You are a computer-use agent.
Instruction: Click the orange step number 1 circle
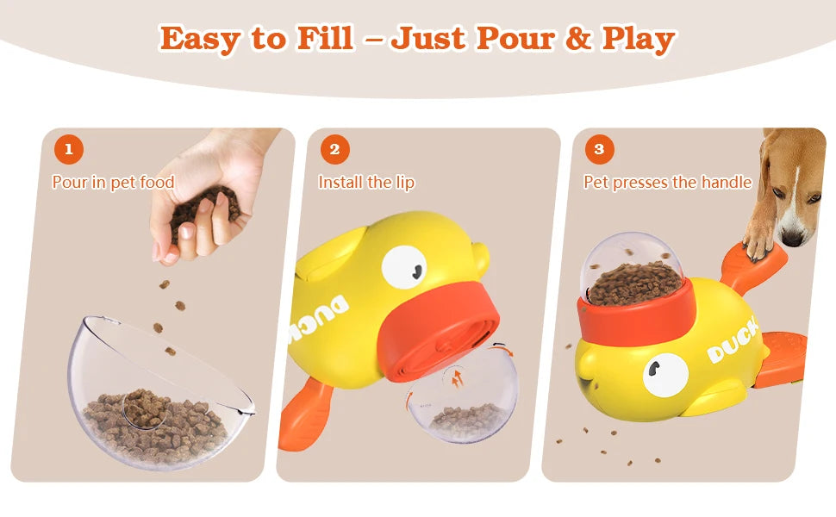pyautogui.click(x=69, y=149)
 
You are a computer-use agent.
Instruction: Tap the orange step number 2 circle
pyautogui.click(x=334, y=149)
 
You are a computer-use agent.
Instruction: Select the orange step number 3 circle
pyautogui.click(x=599, y=149)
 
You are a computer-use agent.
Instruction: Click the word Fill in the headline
pyautogui.click(x=325, y=39)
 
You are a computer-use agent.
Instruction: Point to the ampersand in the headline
pyautogui.click(x=578, y=39)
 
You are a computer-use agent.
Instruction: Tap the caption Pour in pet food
pyautogui.click(x=113, y=183)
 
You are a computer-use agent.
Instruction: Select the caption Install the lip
pyautogui.click(x=366, y=183)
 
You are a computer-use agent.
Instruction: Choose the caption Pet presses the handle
pyautogui.click(x=668, y=183)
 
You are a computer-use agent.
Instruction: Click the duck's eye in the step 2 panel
pyautogui.click(x=404, y=268)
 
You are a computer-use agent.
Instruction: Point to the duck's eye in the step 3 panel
pyautogui.click(x=665, y=375)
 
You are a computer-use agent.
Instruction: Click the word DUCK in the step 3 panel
pyautogui.click(x=733, y=341)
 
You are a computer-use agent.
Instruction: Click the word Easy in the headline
pyautogui.click(x=201, y=40)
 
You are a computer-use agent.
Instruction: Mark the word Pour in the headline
pyautogui.click(x=515, y=39)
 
